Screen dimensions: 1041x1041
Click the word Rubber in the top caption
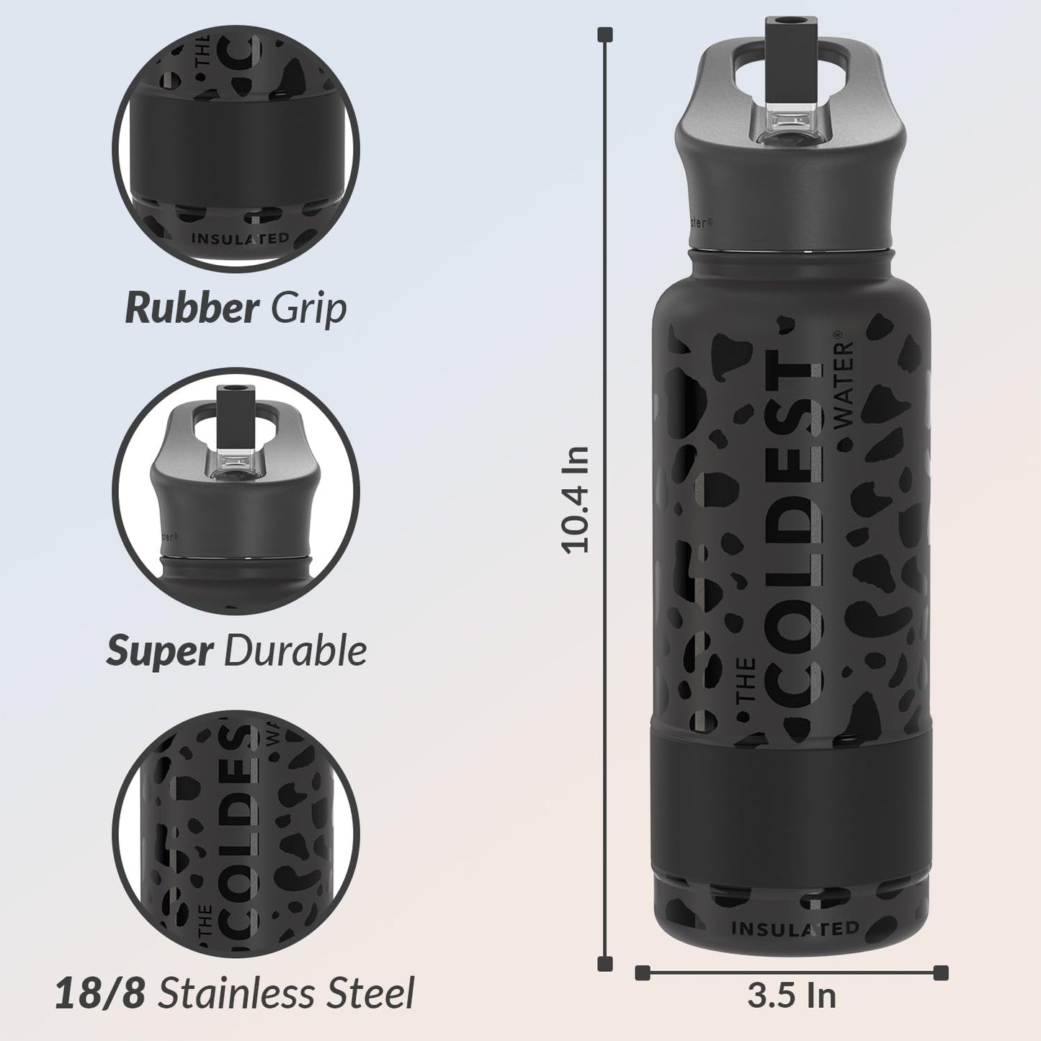coord(191,308)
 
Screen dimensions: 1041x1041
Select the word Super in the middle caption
coord(159,651)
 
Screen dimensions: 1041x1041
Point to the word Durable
coord(295,651)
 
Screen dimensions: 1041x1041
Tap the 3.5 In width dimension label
coord(792,996)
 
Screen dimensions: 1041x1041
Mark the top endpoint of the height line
coord(607,35)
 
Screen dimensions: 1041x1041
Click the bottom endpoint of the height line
coord(607,963)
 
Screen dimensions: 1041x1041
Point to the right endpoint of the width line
coord(941,973)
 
